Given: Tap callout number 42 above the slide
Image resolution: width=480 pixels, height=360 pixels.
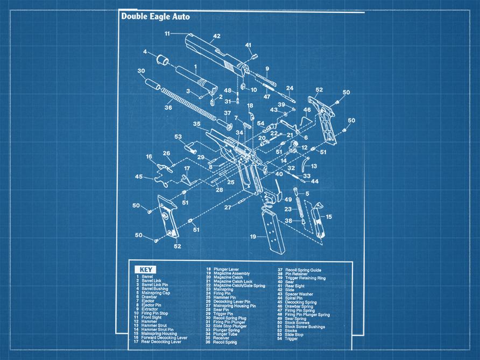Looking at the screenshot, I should [216, 36].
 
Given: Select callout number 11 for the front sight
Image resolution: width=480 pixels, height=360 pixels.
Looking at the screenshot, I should [167, 33].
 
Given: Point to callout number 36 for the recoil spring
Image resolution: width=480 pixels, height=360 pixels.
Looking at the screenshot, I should [168, 108].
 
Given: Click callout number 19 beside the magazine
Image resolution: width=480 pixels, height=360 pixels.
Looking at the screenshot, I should [253, 236].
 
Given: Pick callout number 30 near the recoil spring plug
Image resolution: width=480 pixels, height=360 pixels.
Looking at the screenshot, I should [141, 70].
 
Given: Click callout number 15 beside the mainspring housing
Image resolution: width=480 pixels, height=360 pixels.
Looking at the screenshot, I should [329, 217].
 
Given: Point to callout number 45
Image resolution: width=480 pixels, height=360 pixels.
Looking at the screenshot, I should [139, 176].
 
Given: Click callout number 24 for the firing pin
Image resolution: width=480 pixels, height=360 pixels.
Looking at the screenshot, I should [290, 88].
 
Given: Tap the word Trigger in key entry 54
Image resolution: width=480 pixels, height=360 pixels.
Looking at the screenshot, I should [292, 338].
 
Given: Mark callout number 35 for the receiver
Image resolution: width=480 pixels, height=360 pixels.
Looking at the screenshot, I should [197, 124].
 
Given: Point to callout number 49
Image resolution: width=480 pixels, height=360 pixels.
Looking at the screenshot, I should [288, 200].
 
